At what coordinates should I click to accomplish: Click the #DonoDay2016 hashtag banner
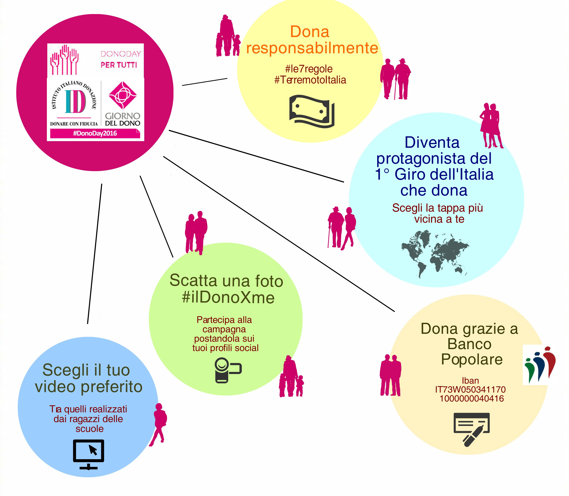(95, 133)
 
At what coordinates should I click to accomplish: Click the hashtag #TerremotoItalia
(310, 80)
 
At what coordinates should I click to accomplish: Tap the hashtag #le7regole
(309, 69)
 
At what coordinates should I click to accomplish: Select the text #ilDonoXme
(228, 298)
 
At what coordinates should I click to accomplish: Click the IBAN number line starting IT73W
(470, 389)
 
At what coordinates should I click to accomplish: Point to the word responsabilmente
(312, 48)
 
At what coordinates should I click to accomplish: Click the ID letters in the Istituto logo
(75, 102)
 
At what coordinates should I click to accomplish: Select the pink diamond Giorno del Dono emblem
(123, 95)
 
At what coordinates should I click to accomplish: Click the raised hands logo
(64, 60)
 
